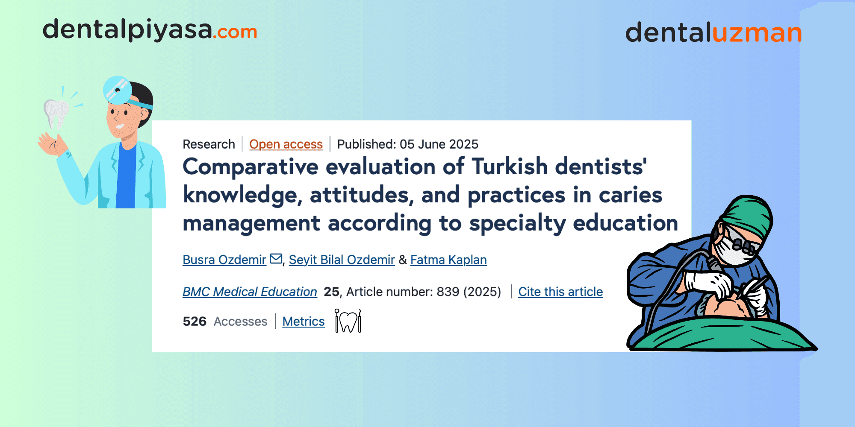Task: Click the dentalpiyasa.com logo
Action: (x=150, y=30)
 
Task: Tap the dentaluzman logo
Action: (x=713, y=32)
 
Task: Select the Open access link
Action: (x=286, y=144)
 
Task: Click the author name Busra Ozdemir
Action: (x=224, y=260)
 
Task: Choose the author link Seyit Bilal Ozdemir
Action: (x=342, y=260)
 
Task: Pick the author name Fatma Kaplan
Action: (x=448, y=260)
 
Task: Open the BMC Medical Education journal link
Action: (x=250, y=292)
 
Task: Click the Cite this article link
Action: (x=560, y=292)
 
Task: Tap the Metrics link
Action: (x=304, y=321)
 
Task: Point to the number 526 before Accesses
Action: (x=195, y=321)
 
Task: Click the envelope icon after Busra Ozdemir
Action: (x=276, y=259)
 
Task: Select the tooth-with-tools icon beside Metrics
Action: (x=348, y=321)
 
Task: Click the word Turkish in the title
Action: (x=510, y=167)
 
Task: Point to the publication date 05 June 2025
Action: (x=439, y=144)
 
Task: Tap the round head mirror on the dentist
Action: (x=117, y=90)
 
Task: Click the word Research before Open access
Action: (x=209, y=144)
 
